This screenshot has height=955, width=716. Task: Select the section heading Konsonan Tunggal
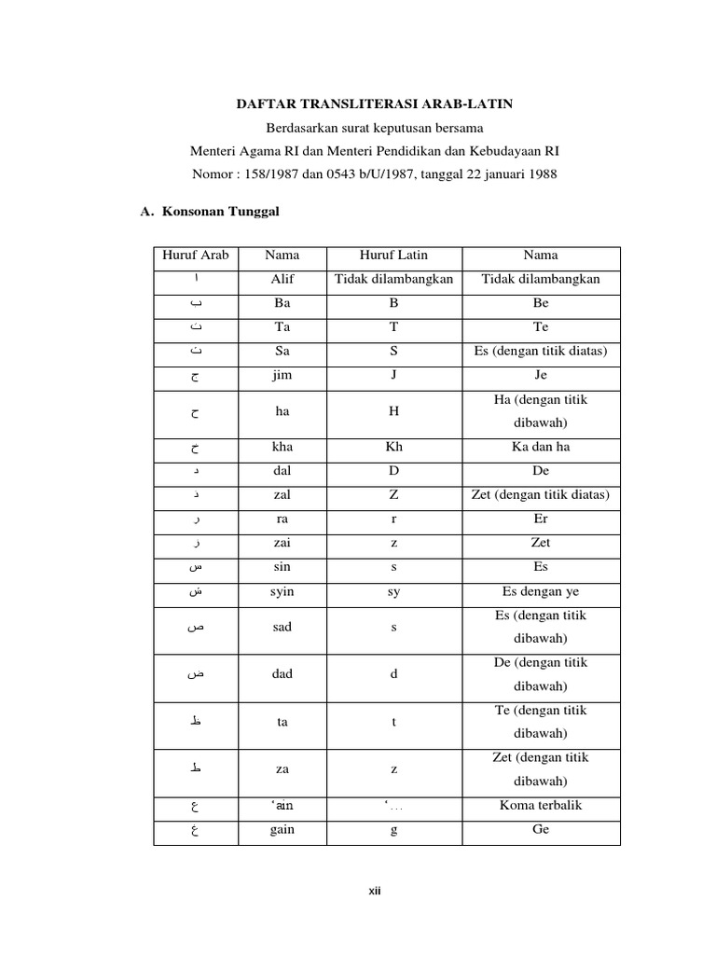(221, 212)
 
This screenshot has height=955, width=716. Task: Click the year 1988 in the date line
(542, 174)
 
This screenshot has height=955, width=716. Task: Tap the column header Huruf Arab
(196, 255)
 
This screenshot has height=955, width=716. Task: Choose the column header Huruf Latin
(394, 255)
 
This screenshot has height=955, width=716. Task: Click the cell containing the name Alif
(282, 279)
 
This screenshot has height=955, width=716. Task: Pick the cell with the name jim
(282, 374)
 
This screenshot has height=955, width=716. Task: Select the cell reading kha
(282, 447)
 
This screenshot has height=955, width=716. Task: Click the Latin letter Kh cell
(394, 447)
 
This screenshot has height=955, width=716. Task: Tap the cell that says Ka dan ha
(541, 447)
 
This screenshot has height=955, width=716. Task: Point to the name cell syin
(282, 591)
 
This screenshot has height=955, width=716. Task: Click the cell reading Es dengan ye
(541, 591)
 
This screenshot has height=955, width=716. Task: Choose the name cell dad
(282, 674)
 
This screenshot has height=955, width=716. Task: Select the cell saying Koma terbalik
(541, 805)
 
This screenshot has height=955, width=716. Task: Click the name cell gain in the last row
(282, 829)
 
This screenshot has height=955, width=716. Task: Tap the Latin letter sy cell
(394, 591)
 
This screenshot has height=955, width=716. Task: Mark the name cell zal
(282, 494)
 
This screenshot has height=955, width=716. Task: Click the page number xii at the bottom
(375, 892)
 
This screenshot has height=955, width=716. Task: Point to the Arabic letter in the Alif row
(196, 279)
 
